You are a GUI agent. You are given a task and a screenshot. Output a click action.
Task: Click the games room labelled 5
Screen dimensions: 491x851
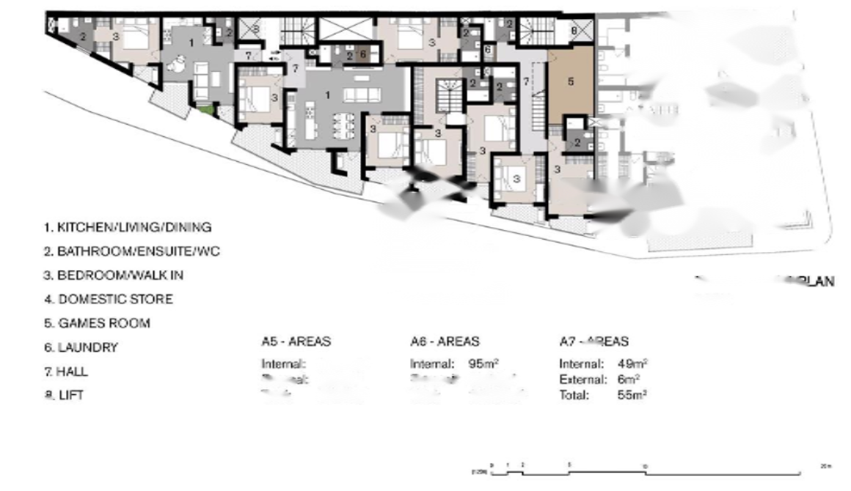point(571,84)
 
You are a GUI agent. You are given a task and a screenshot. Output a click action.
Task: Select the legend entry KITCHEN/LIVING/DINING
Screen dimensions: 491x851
point(128,227)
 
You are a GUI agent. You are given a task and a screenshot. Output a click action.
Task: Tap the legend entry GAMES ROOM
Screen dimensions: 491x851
point(97,323)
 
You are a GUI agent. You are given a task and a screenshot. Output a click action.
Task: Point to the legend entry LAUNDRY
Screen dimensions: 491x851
point(81,347)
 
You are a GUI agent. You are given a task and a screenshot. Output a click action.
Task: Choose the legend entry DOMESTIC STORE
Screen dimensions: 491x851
point(109,299)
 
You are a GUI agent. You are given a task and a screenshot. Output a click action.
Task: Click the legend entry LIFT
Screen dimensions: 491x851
point(65,395)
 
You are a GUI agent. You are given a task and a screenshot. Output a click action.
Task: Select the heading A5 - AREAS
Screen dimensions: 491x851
point(296,342)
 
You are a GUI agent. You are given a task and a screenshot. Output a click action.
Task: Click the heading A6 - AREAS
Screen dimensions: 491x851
point(445,342)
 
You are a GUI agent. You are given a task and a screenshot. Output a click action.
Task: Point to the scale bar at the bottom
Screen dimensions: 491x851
point(646,472)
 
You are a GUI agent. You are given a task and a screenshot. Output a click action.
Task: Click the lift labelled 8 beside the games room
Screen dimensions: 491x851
point(574,31)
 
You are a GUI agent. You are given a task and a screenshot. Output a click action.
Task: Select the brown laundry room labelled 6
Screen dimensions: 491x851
point(362,54)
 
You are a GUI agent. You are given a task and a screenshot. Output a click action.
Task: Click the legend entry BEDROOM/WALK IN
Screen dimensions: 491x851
point(114,276)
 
